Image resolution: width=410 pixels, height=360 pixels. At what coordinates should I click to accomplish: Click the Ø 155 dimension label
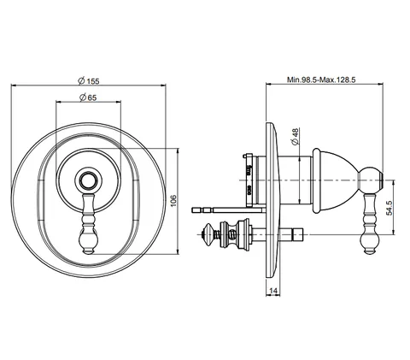pyautogui.click(x=89, y=81)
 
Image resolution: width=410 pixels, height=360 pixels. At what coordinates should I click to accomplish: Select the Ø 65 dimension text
pyautogui.click(x=88, y=97)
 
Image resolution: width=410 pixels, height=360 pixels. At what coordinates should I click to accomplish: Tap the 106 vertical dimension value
pyautogui.click(x=174, y=201)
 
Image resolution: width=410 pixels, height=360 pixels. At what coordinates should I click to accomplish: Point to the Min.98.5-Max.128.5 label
pyautogui.click(x=321, y=80)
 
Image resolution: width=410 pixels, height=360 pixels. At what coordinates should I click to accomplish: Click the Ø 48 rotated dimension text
pyautogui.click(x=296, y=137)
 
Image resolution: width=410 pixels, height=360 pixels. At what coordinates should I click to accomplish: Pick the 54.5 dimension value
pyautogui.click(x=389, y=208)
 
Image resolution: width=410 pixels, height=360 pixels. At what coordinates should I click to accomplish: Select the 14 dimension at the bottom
pyautogui.click(x=272, y=291)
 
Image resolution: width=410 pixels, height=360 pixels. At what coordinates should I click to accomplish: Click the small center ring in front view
pyautogui.click(x=89, y=180)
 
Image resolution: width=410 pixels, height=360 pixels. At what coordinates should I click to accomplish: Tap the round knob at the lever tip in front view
pyautogui.click(x=89, y=240)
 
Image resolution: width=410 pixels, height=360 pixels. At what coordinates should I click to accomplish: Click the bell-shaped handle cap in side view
pyautogui.click(x=335, y=180)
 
